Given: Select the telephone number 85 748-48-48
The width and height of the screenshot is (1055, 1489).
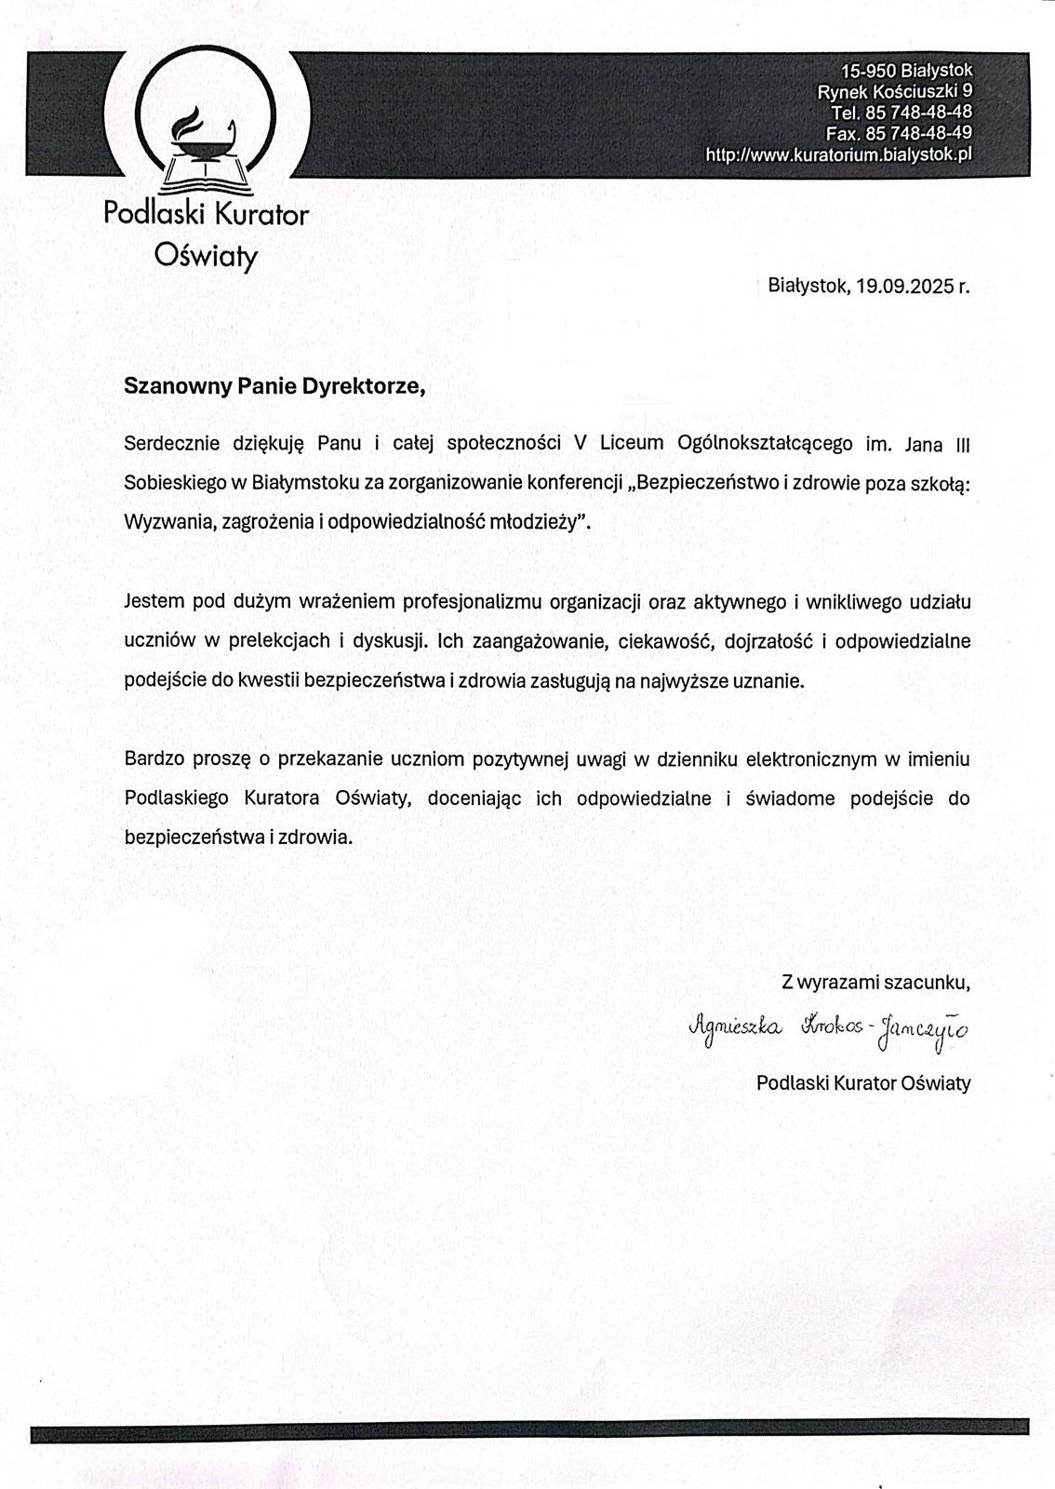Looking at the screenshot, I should (917, 112).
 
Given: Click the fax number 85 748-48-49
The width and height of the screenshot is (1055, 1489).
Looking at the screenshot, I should (917, 132).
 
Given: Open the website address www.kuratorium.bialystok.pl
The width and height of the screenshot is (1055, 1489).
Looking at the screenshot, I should (838, 154).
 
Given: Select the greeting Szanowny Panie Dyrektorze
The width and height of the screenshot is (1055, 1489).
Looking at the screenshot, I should (274, 386).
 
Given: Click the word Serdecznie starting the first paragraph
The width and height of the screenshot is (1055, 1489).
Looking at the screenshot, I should (171, 443).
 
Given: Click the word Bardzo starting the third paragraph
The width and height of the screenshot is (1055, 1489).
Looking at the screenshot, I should (154, 758).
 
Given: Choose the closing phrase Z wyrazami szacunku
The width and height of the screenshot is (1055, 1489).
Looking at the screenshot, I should (875, 982).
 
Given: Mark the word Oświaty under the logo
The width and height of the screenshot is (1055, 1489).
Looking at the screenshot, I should (206, 256).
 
